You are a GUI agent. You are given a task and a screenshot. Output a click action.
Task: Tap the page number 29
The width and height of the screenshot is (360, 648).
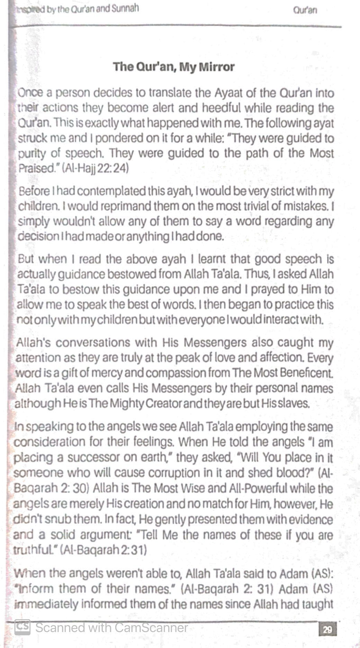click(x=327, y=629)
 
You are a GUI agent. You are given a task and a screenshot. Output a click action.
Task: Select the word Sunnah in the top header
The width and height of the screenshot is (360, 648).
click(x=125, y=9)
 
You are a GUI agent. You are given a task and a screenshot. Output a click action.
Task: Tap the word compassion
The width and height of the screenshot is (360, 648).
click(x=174, y=373)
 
